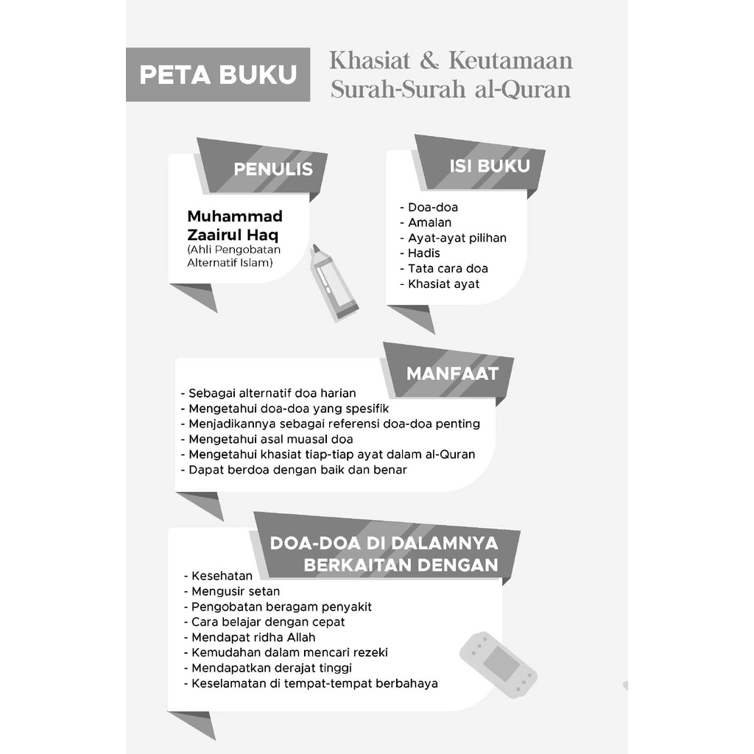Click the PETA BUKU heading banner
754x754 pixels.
218,74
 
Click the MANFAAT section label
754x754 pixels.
452,373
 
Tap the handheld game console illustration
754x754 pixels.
498,664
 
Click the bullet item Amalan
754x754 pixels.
429,222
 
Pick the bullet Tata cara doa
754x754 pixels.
448,269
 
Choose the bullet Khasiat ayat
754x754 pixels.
443,284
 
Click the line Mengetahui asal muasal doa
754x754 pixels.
271,440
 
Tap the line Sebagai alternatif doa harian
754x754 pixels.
272,393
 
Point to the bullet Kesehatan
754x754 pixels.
222,576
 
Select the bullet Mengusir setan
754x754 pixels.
236,591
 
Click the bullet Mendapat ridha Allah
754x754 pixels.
253,638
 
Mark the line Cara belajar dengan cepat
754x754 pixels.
268,622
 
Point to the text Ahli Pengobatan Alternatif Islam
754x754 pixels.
234,256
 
